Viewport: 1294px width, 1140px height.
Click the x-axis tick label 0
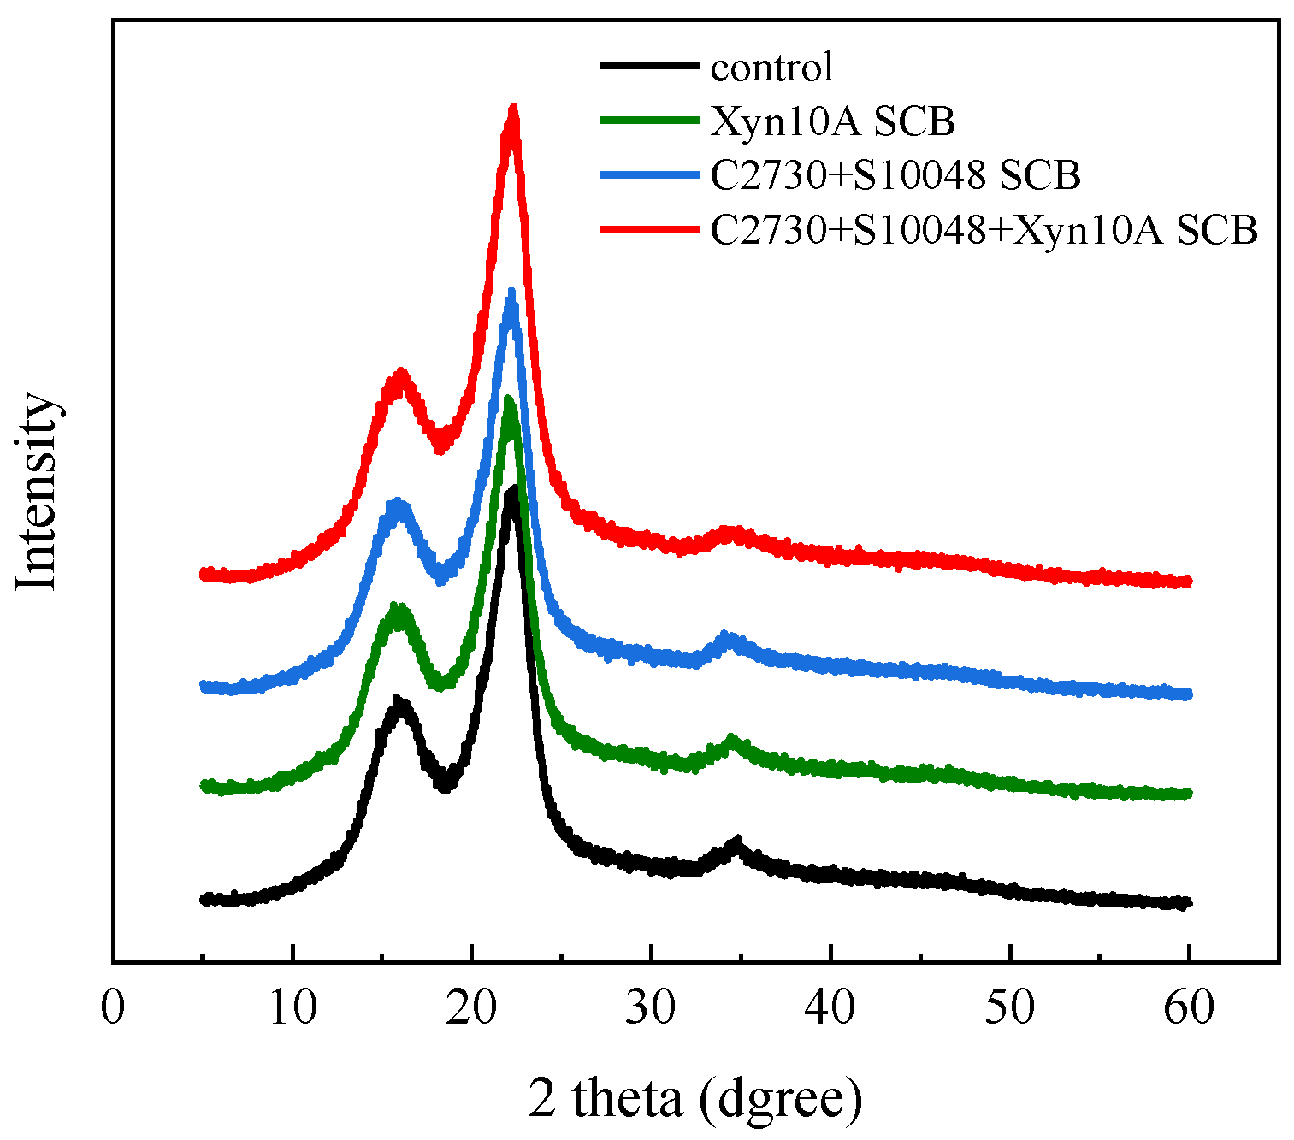pos(113,1007)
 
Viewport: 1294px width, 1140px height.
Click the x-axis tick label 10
pos(292,1007)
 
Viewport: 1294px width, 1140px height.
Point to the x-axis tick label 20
pos(472,1007)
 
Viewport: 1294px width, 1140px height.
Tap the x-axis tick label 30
pos(652,1007)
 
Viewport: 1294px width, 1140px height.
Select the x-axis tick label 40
pos(830,1007)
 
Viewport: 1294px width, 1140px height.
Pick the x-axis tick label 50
pos(1010,1007)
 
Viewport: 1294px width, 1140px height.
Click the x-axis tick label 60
pos(1190,1007)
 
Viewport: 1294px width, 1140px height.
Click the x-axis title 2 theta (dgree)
pos(695,1099)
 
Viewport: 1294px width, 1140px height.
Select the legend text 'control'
pos(771,67)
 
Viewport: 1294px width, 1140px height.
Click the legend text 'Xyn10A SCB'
pos(832,121)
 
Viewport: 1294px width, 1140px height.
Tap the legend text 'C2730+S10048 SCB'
pos(895,175)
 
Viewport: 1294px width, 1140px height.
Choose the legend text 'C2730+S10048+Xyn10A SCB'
pos(984,230)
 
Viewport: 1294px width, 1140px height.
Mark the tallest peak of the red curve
pos(513,109)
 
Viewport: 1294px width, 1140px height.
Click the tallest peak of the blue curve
pos(511,293)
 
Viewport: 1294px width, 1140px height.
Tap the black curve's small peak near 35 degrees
pos(736,843)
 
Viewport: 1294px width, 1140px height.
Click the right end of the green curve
pos(1187,794)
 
